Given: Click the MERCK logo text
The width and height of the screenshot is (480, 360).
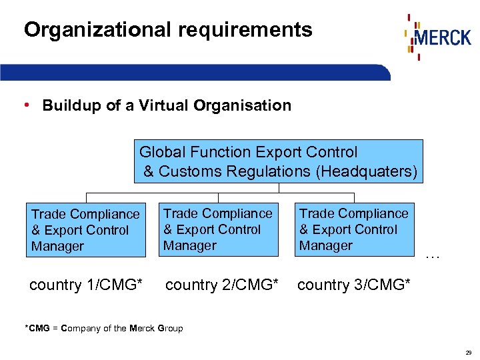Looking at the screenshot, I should (443, 36).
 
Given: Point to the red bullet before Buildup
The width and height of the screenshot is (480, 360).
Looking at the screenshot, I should (25, 105).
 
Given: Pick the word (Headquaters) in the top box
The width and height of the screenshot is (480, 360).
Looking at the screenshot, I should (367, 171).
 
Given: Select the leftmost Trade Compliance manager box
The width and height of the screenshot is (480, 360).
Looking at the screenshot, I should (85, 230).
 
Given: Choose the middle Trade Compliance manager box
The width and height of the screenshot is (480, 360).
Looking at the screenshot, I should (218, 229).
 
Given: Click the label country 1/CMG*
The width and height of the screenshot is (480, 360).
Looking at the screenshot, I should (86, 285).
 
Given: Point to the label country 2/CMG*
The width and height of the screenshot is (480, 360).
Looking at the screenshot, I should (221, 285).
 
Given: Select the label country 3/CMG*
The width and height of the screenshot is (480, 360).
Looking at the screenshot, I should (353, 285).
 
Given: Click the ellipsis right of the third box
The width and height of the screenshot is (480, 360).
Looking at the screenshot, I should (433, 256).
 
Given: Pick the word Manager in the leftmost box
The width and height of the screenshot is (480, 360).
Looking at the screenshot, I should (58, 247).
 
